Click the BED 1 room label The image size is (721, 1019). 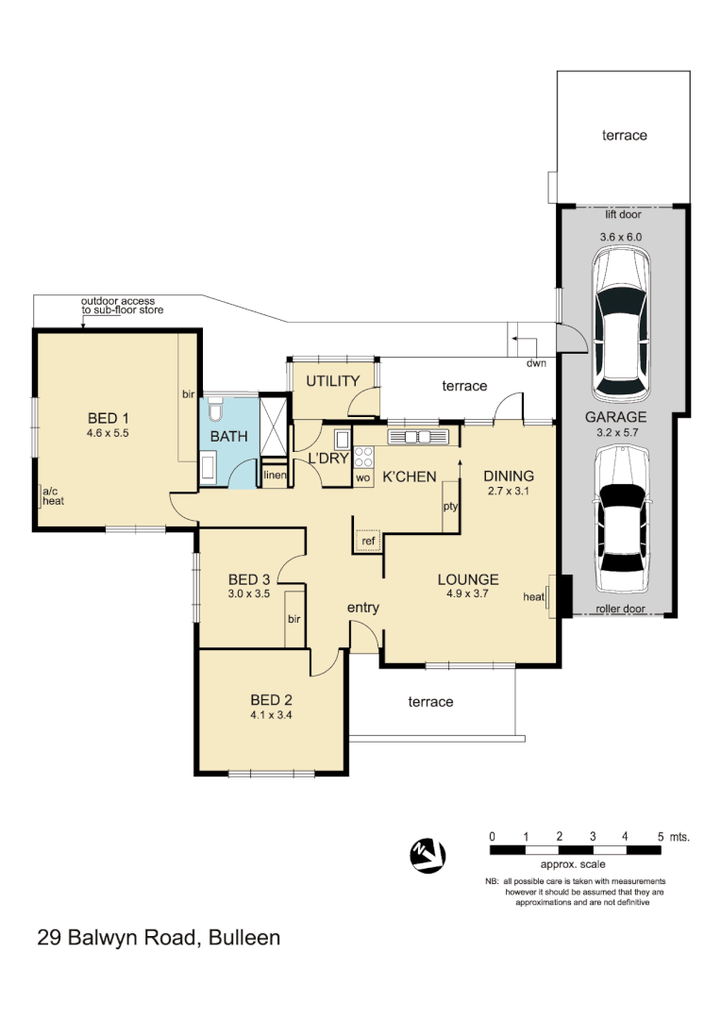pyautogui.click(x=108, y=418)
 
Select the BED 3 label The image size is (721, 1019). pyautogui.click(x=249, y=579)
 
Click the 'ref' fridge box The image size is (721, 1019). pyautogui.click(x=367, y=541)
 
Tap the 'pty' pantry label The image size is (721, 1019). pyautogui.click(x=450, y=507)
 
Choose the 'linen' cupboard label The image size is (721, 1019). pyautogui.click(x=275, y=476)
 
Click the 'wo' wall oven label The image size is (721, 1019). pyautogui.click(x=362, y=477)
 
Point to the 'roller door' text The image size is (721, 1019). pyautogui.click(x=621, y=609)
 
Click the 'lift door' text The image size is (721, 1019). pyautogui.click(x=622, y=214)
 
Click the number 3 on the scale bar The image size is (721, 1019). pyautogui.click(x=592, y=837)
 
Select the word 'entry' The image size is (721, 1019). pyautogui.click(x=362, y=608)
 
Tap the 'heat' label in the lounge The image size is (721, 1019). pyautogui.click(x=534, y=597)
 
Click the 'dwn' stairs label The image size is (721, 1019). pyautogui.click(x=536, y=362)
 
